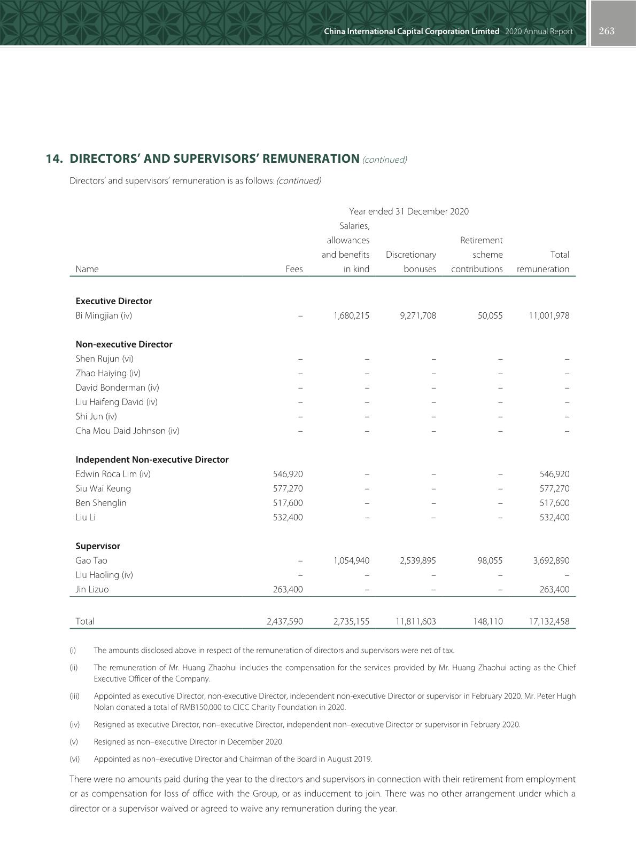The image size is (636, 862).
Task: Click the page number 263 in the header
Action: tap(607, 31)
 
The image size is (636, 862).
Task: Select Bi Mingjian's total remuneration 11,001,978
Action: tap(549, 315)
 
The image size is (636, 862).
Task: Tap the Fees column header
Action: tap(294, 269)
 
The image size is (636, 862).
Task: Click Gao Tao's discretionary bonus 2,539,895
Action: tap(417, 560)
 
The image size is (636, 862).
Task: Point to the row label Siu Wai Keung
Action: tap(103, 488)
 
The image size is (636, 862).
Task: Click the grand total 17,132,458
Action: tap(549, 621)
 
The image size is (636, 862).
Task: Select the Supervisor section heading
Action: tap(98, 546)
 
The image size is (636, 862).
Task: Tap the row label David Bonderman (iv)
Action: tap(117, 387)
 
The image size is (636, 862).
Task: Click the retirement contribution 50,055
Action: tap(490, 315)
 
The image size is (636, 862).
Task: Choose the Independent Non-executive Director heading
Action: tap(152, 460)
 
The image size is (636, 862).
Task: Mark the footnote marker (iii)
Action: tap(74, 696)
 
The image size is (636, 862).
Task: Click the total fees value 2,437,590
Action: tap(284, 621)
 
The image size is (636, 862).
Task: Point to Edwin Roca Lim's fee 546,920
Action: tap(288, 474)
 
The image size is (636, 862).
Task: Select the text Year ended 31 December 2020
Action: tap(409, 211)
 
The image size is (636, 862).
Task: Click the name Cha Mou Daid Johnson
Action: tap(127, 431)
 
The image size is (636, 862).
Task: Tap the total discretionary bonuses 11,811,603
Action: tap(415, 621)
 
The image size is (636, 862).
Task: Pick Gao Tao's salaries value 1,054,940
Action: tap(351, 560)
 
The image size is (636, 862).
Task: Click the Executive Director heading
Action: tap(114, 301)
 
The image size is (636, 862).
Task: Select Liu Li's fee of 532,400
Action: tap(288, 517)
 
